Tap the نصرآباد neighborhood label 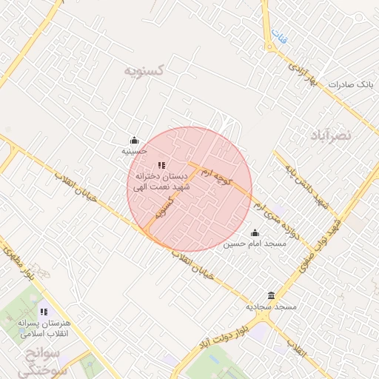click(x=327, y=135)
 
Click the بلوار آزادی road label click(x=302, y=75)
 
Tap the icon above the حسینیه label click(x=134, y=141)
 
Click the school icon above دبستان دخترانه click(x=161, y=165)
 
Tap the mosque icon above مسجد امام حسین click(x=255, y=233)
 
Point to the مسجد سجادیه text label click(x=272, y=306)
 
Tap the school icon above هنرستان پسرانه click(x=44, y=312)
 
